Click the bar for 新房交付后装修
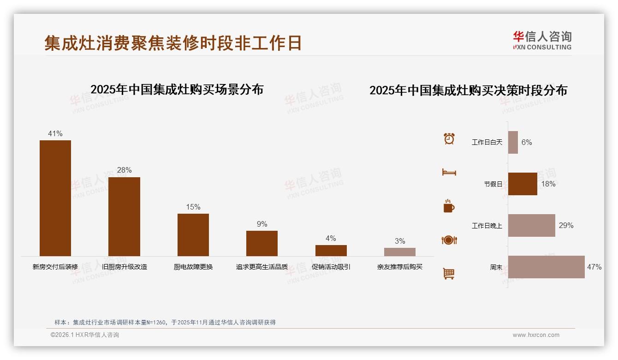[55, 198]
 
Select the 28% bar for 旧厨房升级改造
[124, 216]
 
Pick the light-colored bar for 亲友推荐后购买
[399, 252]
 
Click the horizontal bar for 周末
[546, 267]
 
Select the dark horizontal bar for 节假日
[523, 184]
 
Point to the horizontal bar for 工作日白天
[513, 142]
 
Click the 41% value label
[55, 134]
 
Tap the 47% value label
[594, 267]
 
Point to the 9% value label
[262, 224]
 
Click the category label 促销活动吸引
[331, 267]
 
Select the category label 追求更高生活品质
[262, 267]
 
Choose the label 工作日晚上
[487, 226]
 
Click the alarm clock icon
[449, 138]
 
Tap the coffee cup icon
[449, 206]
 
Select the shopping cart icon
[449, 273]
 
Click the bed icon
[449, 172]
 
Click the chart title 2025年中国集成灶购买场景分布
[177, 90]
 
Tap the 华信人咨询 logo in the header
[542, 40]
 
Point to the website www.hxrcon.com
[536, 335]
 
